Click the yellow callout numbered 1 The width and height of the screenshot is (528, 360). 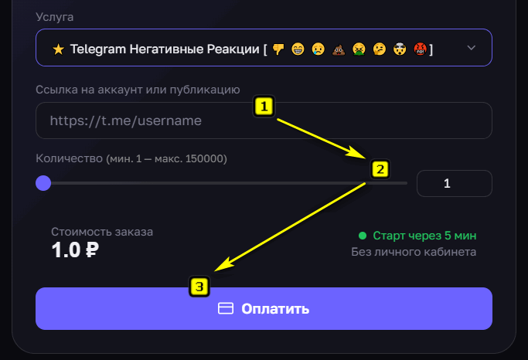264,107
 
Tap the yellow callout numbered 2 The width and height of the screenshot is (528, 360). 380,169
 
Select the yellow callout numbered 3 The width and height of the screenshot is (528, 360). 199,287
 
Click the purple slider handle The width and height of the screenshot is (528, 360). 43,183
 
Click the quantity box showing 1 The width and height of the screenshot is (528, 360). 455,183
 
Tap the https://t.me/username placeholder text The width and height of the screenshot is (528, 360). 125,121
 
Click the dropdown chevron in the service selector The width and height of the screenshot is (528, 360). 472,48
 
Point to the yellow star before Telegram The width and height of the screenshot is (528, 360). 58,49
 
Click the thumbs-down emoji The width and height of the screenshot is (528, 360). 278,49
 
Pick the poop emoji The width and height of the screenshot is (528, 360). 339,49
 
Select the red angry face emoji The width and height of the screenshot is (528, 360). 421,49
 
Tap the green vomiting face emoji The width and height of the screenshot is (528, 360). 359,49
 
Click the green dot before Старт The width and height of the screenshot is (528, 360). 363,236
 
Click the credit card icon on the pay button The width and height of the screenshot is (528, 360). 226,308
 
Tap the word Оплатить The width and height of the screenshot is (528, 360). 275,309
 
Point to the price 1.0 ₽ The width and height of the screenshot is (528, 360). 75,250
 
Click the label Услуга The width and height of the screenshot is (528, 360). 55,17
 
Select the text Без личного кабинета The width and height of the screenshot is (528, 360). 414,252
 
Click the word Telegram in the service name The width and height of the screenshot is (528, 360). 98,49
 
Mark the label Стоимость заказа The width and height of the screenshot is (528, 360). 102,232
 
